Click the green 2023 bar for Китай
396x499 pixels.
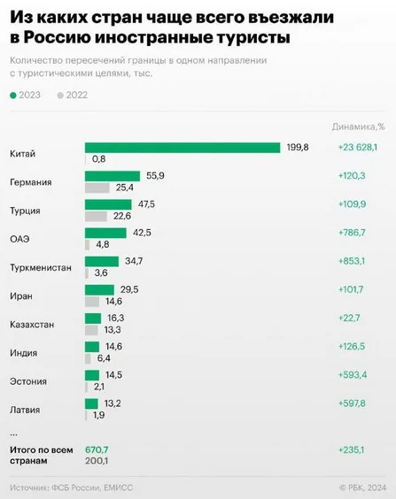[x=182, y=148]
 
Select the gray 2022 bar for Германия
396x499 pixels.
[x=97, y=188]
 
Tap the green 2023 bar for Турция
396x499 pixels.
[x=108, y=204]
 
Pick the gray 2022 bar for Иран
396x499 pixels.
[x=92, y=302]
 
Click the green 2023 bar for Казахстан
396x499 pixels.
[x=93, y=319]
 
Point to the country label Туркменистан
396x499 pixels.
[x=41, y=268]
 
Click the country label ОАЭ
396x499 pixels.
[x=19, y=239]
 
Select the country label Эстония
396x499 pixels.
[x=28, y=381]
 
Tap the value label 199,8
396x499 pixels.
[x=298, y=148]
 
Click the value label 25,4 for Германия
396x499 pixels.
[x=125, y=188]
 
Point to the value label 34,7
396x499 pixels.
[x=134, y=261]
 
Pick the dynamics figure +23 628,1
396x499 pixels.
[x=358, y=148]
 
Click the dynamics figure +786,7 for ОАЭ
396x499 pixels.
[x=352, y=233]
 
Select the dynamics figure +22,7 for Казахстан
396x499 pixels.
[x=349, y=318]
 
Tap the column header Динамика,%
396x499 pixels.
[x=359, y=127]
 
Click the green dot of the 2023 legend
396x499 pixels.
[x=13, y=96]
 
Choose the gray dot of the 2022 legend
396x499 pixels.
[x=60, y=96]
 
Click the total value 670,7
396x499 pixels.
[x=97, y=450]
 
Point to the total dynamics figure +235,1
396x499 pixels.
[x=351, y=450]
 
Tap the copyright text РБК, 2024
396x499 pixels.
[x=367, y=487]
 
